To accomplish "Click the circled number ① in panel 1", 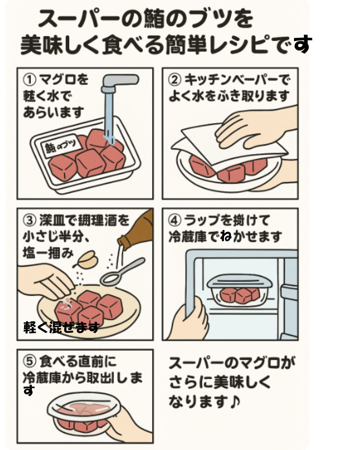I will (x=29, y=80).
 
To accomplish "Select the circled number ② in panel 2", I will (x=175, y=80).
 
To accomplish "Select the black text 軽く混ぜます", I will (x=62, y=327).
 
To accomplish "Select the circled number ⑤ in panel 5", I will (x=29, y=361).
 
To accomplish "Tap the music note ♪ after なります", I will (x=235, y=401).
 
